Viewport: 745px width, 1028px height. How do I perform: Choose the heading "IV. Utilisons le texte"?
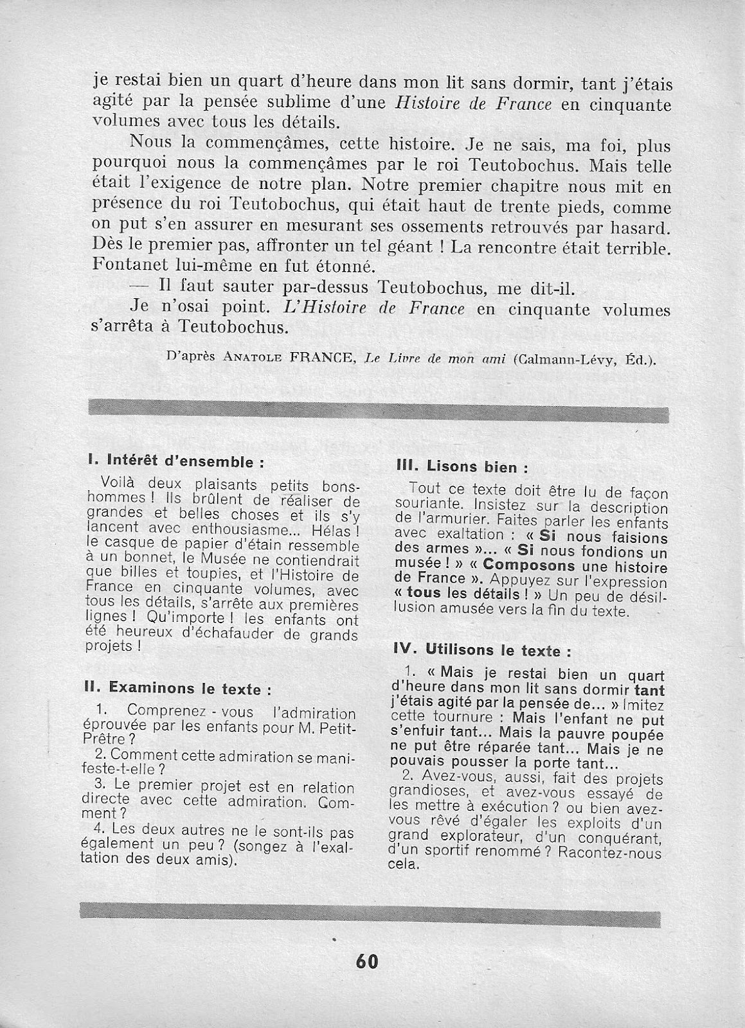[x=482, y=650]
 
